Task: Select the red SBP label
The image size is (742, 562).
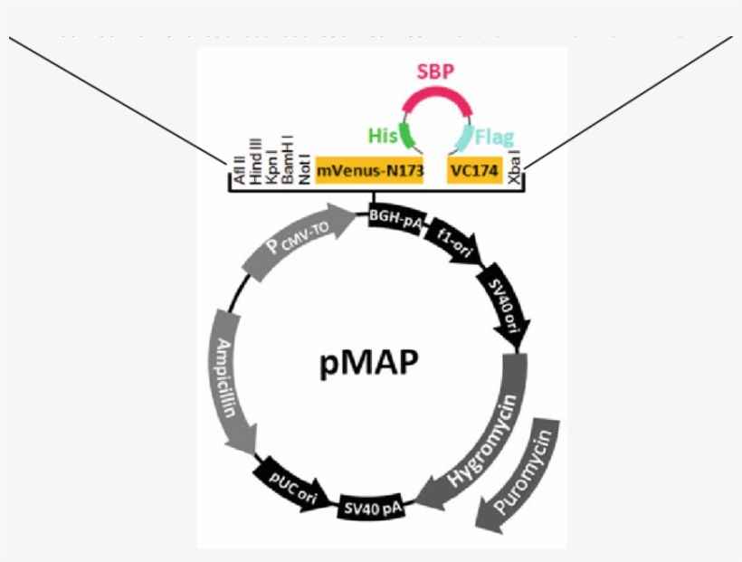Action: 434,72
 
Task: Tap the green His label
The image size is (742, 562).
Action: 384,136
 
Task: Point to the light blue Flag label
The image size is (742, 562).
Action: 494,138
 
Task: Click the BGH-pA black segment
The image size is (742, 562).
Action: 395,218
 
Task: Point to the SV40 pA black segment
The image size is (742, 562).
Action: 372,510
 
